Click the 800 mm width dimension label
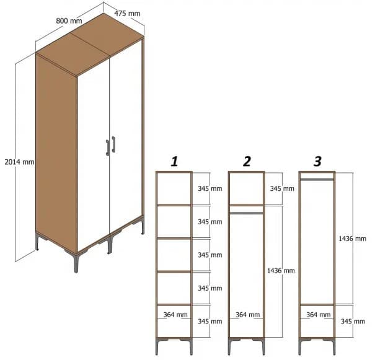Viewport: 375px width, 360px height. (69, 21)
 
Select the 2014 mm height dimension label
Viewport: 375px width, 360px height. (19, 162)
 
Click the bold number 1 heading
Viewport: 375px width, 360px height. (174, 162)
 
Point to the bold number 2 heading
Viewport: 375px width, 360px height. (247, 162)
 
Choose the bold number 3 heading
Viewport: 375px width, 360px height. (317, 162)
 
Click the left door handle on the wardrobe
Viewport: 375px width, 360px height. (107, 147)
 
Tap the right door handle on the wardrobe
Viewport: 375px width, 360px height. (113, 144)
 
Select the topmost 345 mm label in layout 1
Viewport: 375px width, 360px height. (210, 188)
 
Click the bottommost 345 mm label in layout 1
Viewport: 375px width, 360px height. (210, 322)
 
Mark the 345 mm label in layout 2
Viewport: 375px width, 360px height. (281, 188)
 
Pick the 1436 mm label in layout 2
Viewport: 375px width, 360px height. (281, 271)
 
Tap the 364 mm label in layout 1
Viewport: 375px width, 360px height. (175, 315)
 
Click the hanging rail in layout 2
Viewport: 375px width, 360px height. (246, 213)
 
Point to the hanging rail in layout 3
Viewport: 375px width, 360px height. (317, 179)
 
